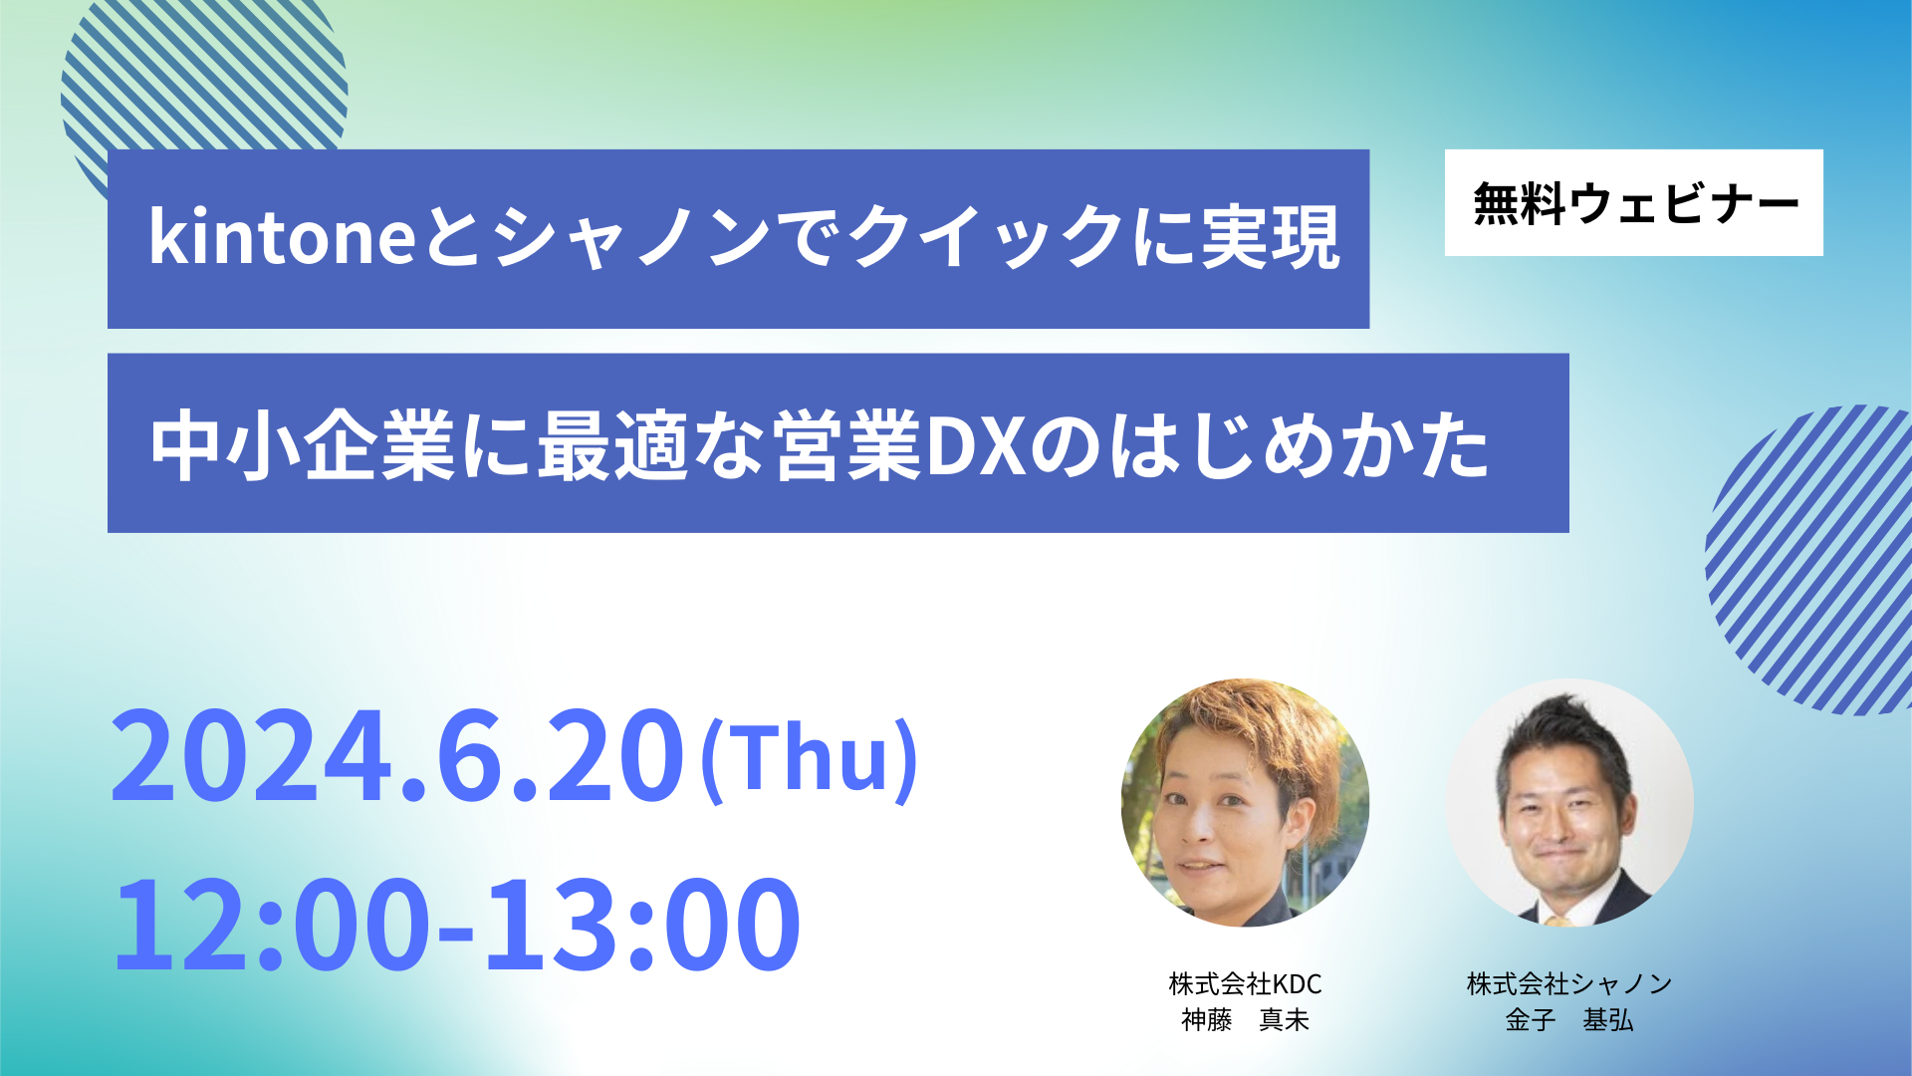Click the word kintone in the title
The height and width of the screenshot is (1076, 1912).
283,237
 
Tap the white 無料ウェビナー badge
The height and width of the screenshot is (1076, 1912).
1633,203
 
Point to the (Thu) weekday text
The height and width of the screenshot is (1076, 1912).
810,759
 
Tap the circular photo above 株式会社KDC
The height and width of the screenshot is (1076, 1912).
1245,803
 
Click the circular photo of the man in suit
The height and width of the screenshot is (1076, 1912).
1569,803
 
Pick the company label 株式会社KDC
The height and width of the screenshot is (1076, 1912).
1245,984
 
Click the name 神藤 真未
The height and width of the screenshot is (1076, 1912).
1245,1020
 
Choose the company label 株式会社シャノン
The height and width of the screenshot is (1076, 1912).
1569,984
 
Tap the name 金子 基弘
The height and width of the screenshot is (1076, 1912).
1569,1020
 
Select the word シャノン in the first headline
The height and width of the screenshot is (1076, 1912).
632,237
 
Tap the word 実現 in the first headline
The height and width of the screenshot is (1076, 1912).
1271,237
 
